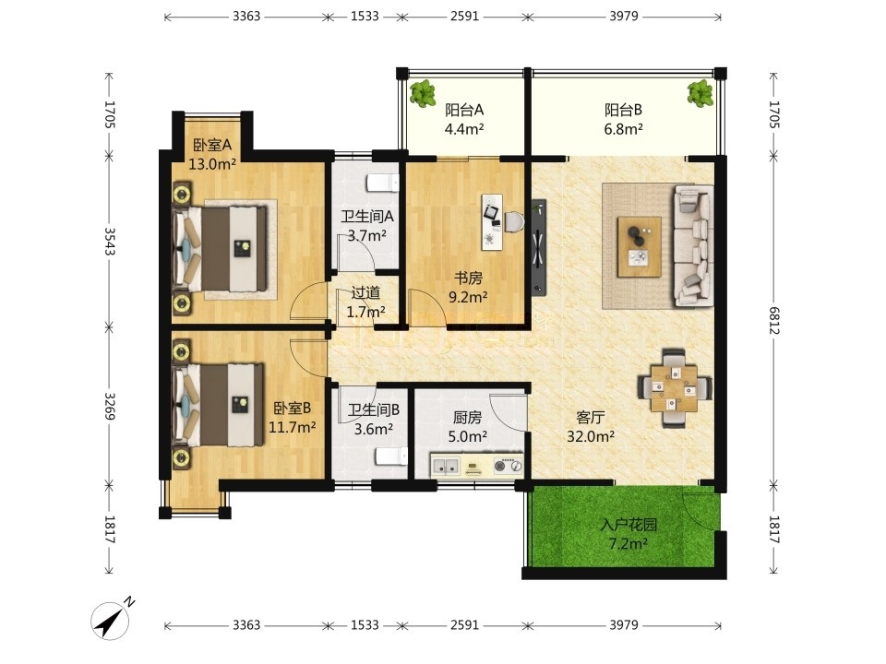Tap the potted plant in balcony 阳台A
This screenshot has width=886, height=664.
pos(423,93)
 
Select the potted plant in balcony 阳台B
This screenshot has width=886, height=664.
pos(700,93)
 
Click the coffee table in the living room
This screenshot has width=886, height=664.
pos(639,247)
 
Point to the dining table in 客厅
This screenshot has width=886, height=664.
pos(673,388)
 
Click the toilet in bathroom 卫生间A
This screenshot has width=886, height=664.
pos(383,183)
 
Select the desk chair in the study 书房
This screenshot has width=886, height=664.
pos(515,221)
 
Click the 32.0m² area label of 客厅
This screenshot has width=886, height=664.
pos(591,436)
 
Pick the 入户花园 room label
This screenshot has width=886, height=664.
pos(629,525)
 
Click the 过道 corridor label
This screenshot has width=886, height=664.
pos(365,292)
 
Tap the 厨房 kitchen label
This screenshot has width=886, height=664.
pos(467,417)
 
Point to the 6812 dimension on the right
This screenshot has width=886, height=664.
pos(774,320)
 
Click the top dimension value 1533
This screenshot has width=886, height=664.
pos(365,17)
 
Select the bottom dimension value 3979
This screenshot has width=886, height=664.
pos(624,625)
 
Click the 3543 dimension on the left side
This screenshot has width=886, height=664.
pos(110,241)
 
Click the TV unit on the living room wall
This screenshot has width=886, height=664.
pos(538,247)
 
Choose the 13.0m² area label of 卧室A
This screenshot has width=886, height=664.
pos(212,164)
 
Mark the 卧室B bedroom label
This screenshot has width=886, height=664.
pos(292,408)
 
